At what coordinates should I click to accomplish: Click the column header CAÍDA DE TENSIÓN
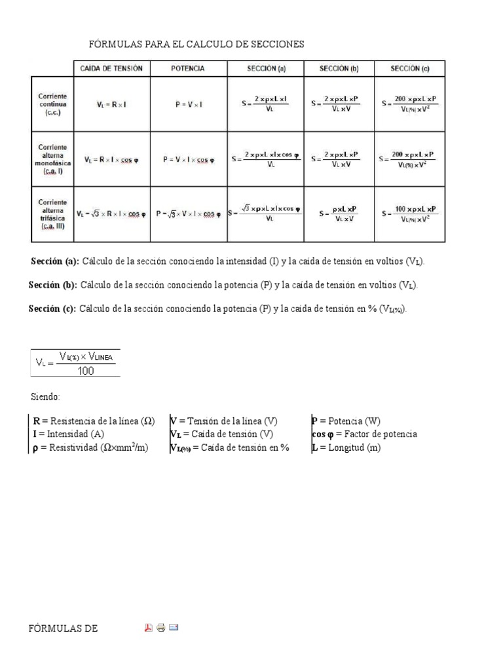[111, 68]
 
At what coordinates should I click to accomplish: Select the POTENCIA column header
[188, 68]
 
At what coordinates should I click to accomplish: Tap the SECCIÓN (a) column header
[266, 68]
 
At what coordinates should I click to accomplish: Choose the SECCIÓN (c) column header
[410, 68]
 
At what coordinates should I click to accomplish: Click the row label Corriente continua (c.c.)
[52, 104]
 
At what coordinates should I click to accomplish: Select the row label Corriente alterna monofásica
[52, 159]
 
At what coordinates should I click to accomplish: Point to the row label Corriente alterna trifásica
[52, 214]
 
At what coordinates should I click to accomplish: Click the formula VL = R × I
[111, 104]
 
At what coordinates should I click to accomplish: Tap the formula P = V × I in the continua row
[188, 104]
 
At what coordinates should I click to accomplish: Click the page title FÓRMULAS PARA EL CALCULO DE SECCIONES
[196, 44]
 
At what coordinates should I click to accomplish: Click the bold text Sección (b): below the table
[53, 285]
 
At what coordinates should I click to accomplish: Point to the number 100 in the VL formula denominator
[85, 371]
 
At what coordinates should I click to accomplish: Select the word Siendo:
[45, 397]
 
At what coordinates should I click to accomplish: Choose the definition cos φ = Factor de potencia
[365, 434]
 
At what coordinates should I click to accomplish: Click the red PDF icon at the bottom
[149, 628]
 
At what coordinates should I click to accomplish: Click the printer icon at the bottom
[161, 628]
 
